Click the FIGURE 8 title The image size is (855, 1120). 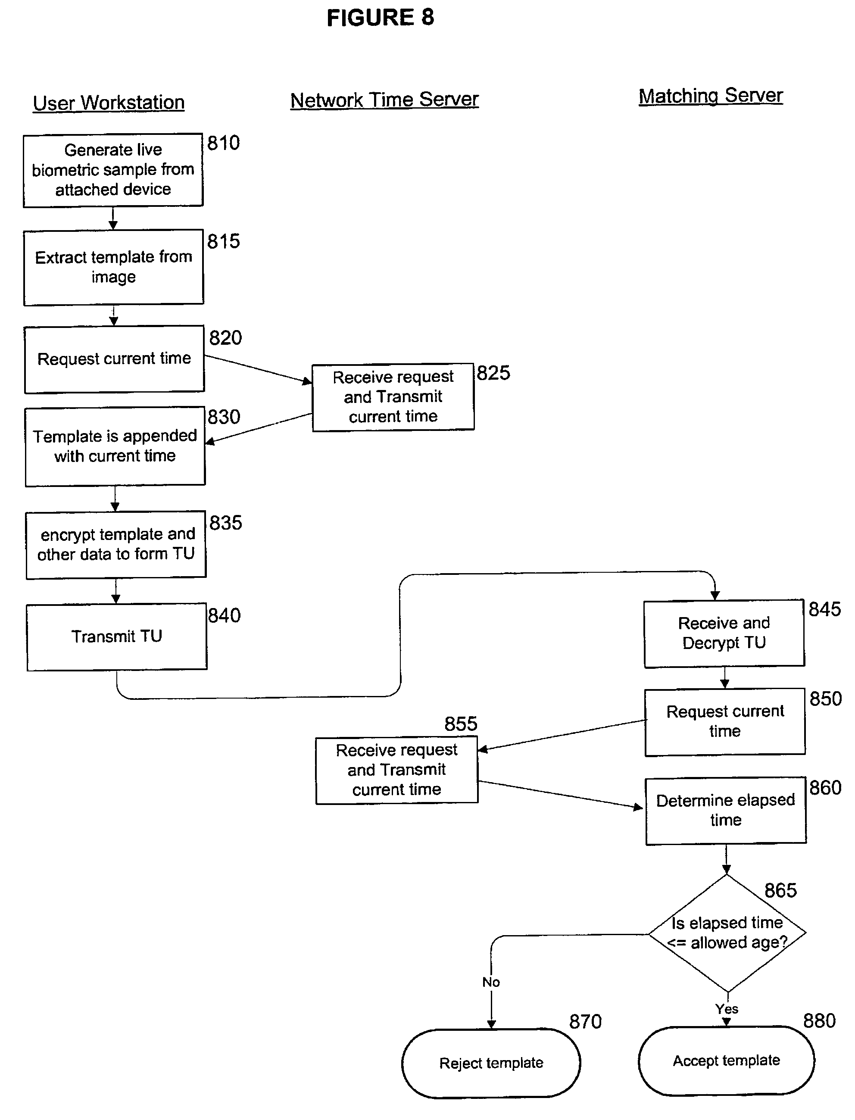point(380,18)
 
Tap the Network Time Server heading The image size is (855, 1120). point(384,100)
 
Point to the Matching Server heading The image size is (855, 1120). point(711,96)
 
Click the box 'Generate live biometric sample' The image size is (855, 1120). point(113,170)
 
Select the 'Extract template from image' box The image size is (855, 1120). point(113,267)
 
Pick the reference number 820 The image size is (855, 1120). point(225,338)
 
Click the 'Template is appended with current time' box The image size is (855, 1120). point(115,446)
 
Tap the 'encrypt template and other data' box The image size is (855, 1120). point(116,544)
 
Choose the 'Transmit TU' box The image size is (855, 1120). point(116,636)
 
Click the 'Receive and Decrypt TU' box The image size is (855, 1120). point(724,633)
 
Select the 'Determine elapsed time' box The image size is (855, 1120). point(726,811)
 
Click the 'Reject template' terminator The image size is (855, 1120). point(491,1063)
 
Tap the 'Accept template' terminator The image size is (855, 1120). point(726,1061)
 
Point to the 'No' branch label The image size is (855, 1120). point(491,982)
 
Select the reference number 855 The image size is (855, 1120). point(461,724)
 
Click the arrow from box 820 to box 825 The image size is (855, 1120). point(258,369)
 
